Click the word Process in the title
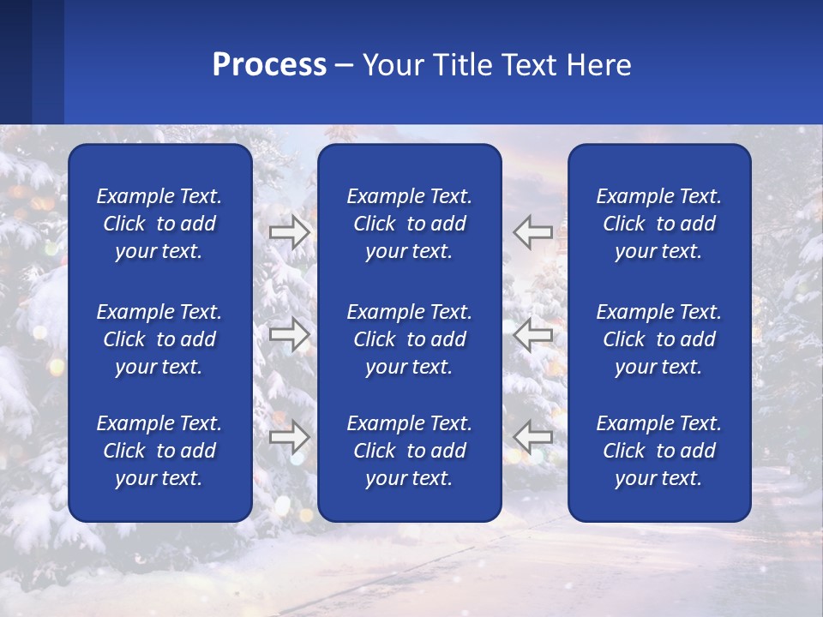269,65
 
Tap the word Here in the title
599,65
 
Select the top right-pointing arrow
289,232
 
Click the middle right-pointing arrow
289,334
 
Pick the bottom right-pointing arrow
289,437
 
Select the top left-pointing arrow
533,232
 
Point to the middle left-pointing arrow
533,334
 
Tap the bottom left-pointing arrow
533,437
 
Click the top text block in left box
159,224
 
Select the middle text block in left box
159,339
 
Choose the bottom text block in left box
159,451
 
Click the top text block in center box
409,224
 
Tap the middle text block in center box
409,339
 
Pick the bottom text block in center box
409,451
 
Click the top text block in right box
658,224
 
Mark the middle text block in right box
658,339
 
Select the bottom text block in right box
658,451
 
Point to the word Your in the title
390,65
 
